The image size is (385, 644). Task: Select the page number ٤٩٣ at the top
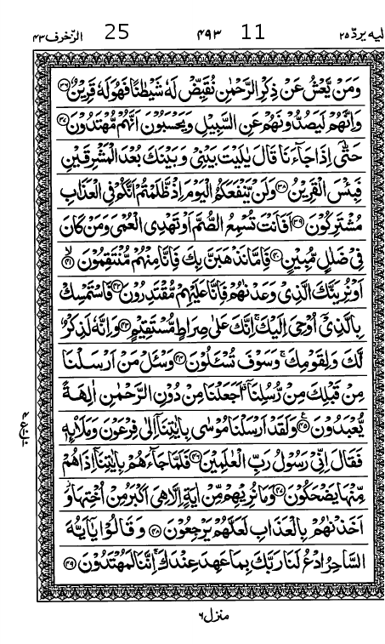197,35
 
